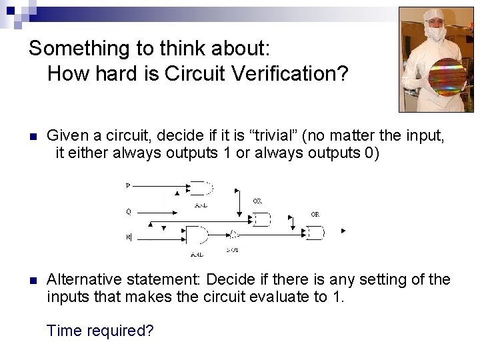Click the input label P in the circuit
coord(128,186)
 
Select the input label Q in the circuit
coord(128,211)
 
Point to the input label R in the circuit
coord(128,237)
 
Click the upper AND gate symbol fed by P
coord(201,189)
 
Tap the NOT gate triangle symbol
coord(233,234)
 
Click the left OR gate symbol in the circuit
coord(260,219)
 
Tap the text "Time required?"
coord(100,329)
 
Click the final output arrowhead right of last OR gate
coord(343,231)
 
